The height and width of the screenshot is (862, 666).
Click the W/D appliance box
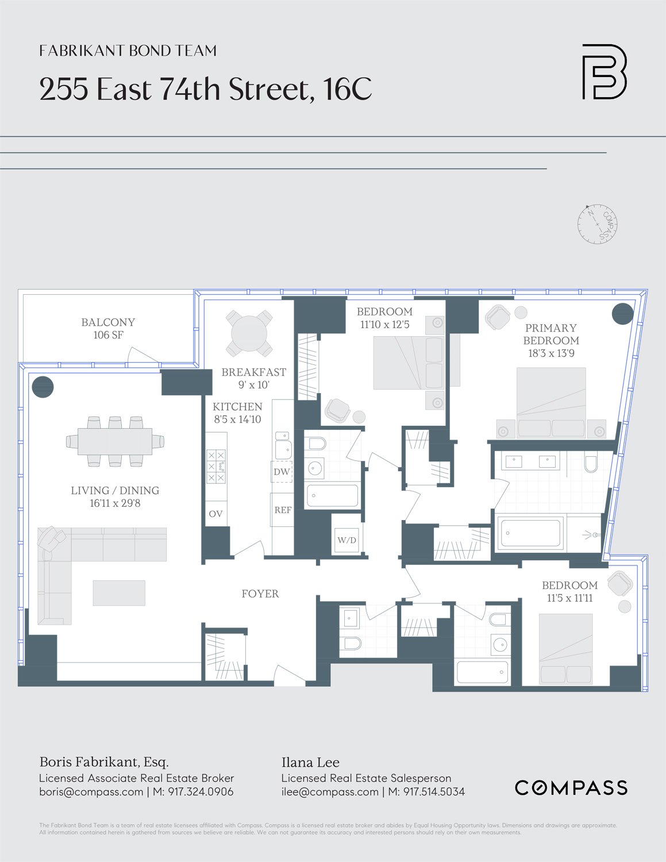[x=347, y=540]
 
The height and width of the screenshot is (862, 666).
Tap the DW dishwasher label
[x=282, y=472]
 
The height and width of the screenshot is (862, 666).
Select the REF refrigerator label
[x=283, y=510]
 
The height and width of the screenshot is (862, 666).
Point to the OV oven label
[x=215, y=514]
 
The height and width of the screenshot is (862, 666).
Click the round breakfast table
[x=249, y=333]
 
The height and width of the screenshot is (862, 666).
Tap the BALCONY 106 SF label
[x=108, y=329]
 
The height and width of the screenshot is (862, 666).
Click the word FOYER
[x=260, y=594]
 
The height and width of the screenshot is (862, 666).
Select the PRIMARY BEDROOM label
[x=550, y=334]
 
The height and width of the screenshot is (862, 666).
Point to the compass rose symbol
[x=597, y=224]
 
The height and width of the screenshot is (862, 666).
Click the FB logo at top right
[x=604, y=72]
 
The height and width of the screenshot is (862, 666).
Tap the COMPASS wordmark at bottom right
[x=571, y=788]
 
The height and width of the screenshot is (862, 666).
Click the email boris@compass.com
[x=91, y=792]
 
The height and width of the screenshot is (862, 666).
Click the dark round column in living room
[x=43, y=387]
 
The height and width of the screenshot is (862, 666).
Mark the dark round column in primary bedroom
[x=622, y=314]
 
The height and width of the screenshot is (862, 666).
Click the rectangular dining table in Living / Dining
[x=115, y=441]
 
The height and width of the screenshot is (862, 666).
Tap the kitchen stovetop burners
[x=216, y=466]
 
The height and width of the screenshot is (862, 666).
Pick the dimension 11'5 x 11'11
[x=569, y=598]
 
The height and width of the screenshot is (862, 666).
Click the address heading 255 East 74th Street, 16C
[x=205, y=89]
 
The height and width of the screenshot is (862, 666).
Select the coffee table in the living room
[x=119, y=593]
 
